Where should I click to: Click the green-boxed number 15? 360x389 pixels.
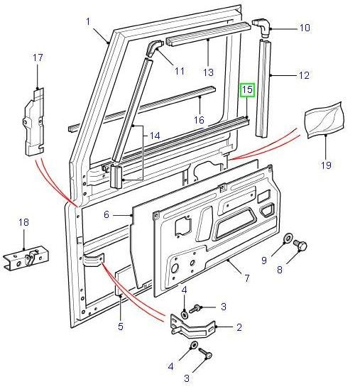click(246, 90)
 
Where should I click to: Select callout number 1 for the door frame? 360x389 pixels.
click(89, 21)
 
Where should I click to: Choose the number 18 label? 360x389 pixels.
click(23, 222)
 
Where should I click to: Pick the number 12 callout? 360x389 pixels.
click(304, 73)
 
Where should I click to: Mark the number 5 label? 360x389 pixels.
click(120, 327)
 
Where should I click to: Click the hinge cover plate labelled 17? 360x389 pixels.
click(34, 121)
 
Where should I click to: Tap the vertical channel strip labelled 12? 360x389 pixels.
click(266, 89)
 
